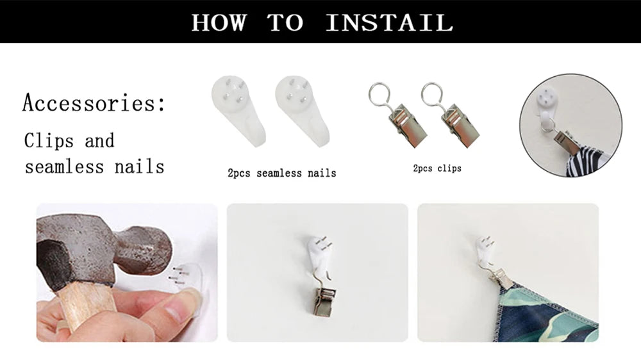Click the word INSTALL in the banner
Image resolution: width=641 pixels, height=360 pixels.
click(x=390, y=22)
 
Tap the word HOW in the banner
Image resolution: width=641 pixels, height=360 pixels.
click(x=219, y=22)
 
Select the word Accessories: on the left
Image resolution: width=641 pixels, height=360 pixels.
click(x=94, y=102)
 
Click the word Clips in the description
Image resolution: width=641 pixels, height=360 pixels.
click(x=49, y=140)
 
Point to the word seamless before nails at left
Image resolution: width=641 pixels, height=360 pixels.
click(x=65, y=167)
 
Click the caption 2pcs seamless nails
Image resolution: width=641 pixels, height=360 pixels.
click(x=282, y=173)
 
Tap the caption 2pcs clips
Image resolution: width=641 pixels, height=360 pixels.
click(x=437, y=168)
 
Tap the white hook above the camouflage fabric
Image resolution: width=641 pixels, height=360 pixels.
click(x=487, y=249)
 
